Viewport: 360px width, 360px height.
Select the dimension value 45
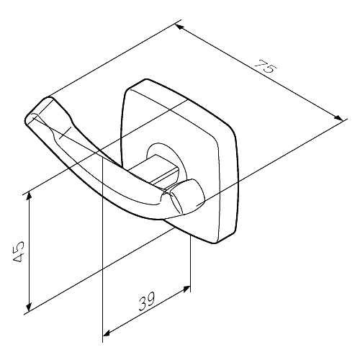point(18,251)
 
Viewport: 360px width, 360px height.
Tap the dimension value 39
point(147,301)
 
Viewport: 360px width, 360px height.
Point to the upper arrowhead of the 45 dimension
point(29,196)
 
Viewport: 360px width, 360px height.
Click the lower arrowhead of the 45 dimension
point(29,306)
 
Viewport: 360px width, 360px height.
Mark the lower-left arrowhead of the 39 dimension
point(107,333)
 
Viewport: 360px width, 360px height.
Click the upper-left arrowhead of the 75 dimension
point(179,27)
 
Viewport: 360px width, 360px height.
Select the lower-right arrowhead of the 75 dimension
point(338,118)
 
